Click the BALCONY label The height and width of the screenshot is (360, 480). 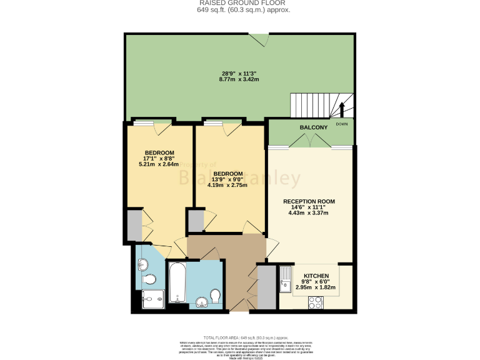313,127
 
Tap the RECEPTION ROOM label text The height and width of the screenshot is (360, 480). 309,201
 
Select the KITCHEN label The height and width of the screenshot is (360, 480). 316,276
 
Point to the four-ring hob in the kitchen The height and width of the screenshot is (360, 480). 314,303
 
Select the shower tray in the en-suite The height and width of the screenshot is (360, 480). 152,299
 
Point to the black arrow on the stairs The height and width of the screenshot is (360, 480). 342,109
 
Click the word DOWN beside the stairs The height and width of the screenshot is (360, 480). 342,124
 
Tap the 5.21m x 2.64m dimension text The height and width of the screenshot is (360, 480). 159,165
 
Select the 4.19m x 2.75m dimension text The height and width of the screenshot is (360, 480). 227,185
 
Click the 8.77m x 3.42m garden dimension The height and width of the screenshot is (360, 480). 237,79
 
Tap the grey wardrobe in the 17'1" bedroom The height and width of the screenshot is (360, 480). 134,226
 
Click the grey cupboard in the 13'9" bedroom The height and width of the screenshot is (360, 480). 196,221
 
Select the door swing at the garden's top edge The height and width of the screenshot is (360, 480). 259,39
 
